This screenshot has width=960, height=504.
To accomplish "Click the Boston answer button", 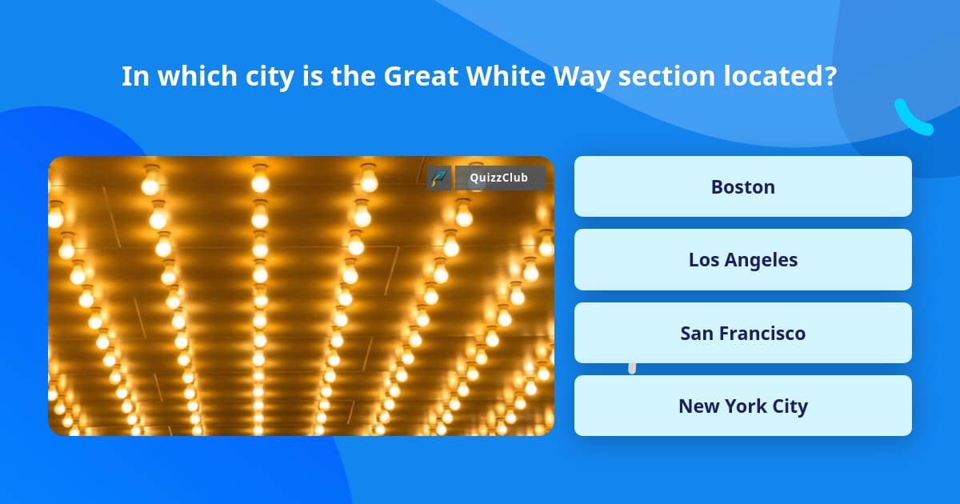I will (x=742, y=186).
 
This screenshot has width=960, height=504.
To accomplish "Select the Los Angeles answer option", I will (x=742, y=260).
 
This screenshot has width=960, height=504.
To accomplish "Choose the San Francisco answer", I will (x=742, y=333).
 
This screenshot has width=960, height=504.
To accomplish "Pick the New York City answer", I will (x=742, y=406).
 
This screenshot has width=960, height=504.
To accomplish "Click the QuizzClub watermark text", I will (x=498, y=178).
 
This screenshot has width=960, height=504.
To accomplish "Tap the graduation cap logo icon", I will (x=439, y=178).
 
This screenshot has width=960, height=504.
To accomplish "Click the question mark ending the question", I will (x=830, y=76).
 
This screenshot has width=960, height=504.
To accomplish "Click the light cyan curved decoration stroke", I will (x=912, y=118).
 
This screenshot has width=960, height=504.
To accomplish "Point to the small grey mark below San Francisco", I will (x=632, y=368).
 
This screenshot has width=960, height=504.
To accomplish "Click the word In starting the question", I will (x=134, y=76).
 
